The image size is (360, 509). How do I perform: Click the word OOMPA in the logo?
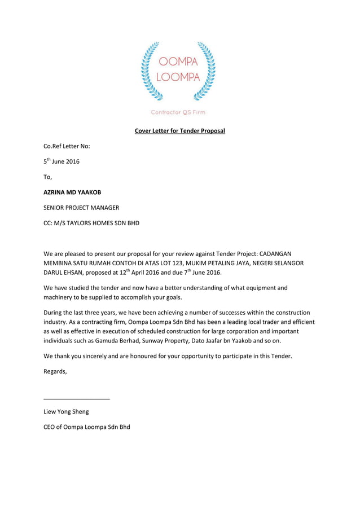[178, 62]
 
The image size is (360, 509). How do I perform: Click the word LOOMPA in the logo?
[178, 77]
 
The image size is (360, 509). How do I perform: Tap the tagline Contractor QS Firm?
[178, 112]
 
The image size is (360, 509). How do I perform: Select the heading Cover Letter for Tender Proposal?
[179, 131]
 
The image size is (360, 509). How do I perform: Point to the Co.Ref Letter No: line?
[67, 146]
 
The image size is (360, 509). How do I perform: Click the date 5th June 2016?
[62, 161]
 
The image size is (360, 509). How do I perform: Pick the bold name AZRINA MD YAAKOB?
[73, 192]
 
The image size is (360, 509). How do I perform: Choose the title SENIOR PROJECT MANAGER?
[81, 208]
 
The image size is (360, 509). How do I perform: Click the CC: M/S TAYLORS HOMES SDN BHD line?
[91, 223]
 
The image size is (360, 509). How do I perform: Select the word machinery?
[60, 298]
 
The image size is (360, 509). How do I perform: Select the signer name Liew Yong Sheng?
[66, 412]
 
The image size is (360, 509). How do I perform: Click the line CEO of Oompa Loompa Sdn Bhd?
[87, 427]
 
